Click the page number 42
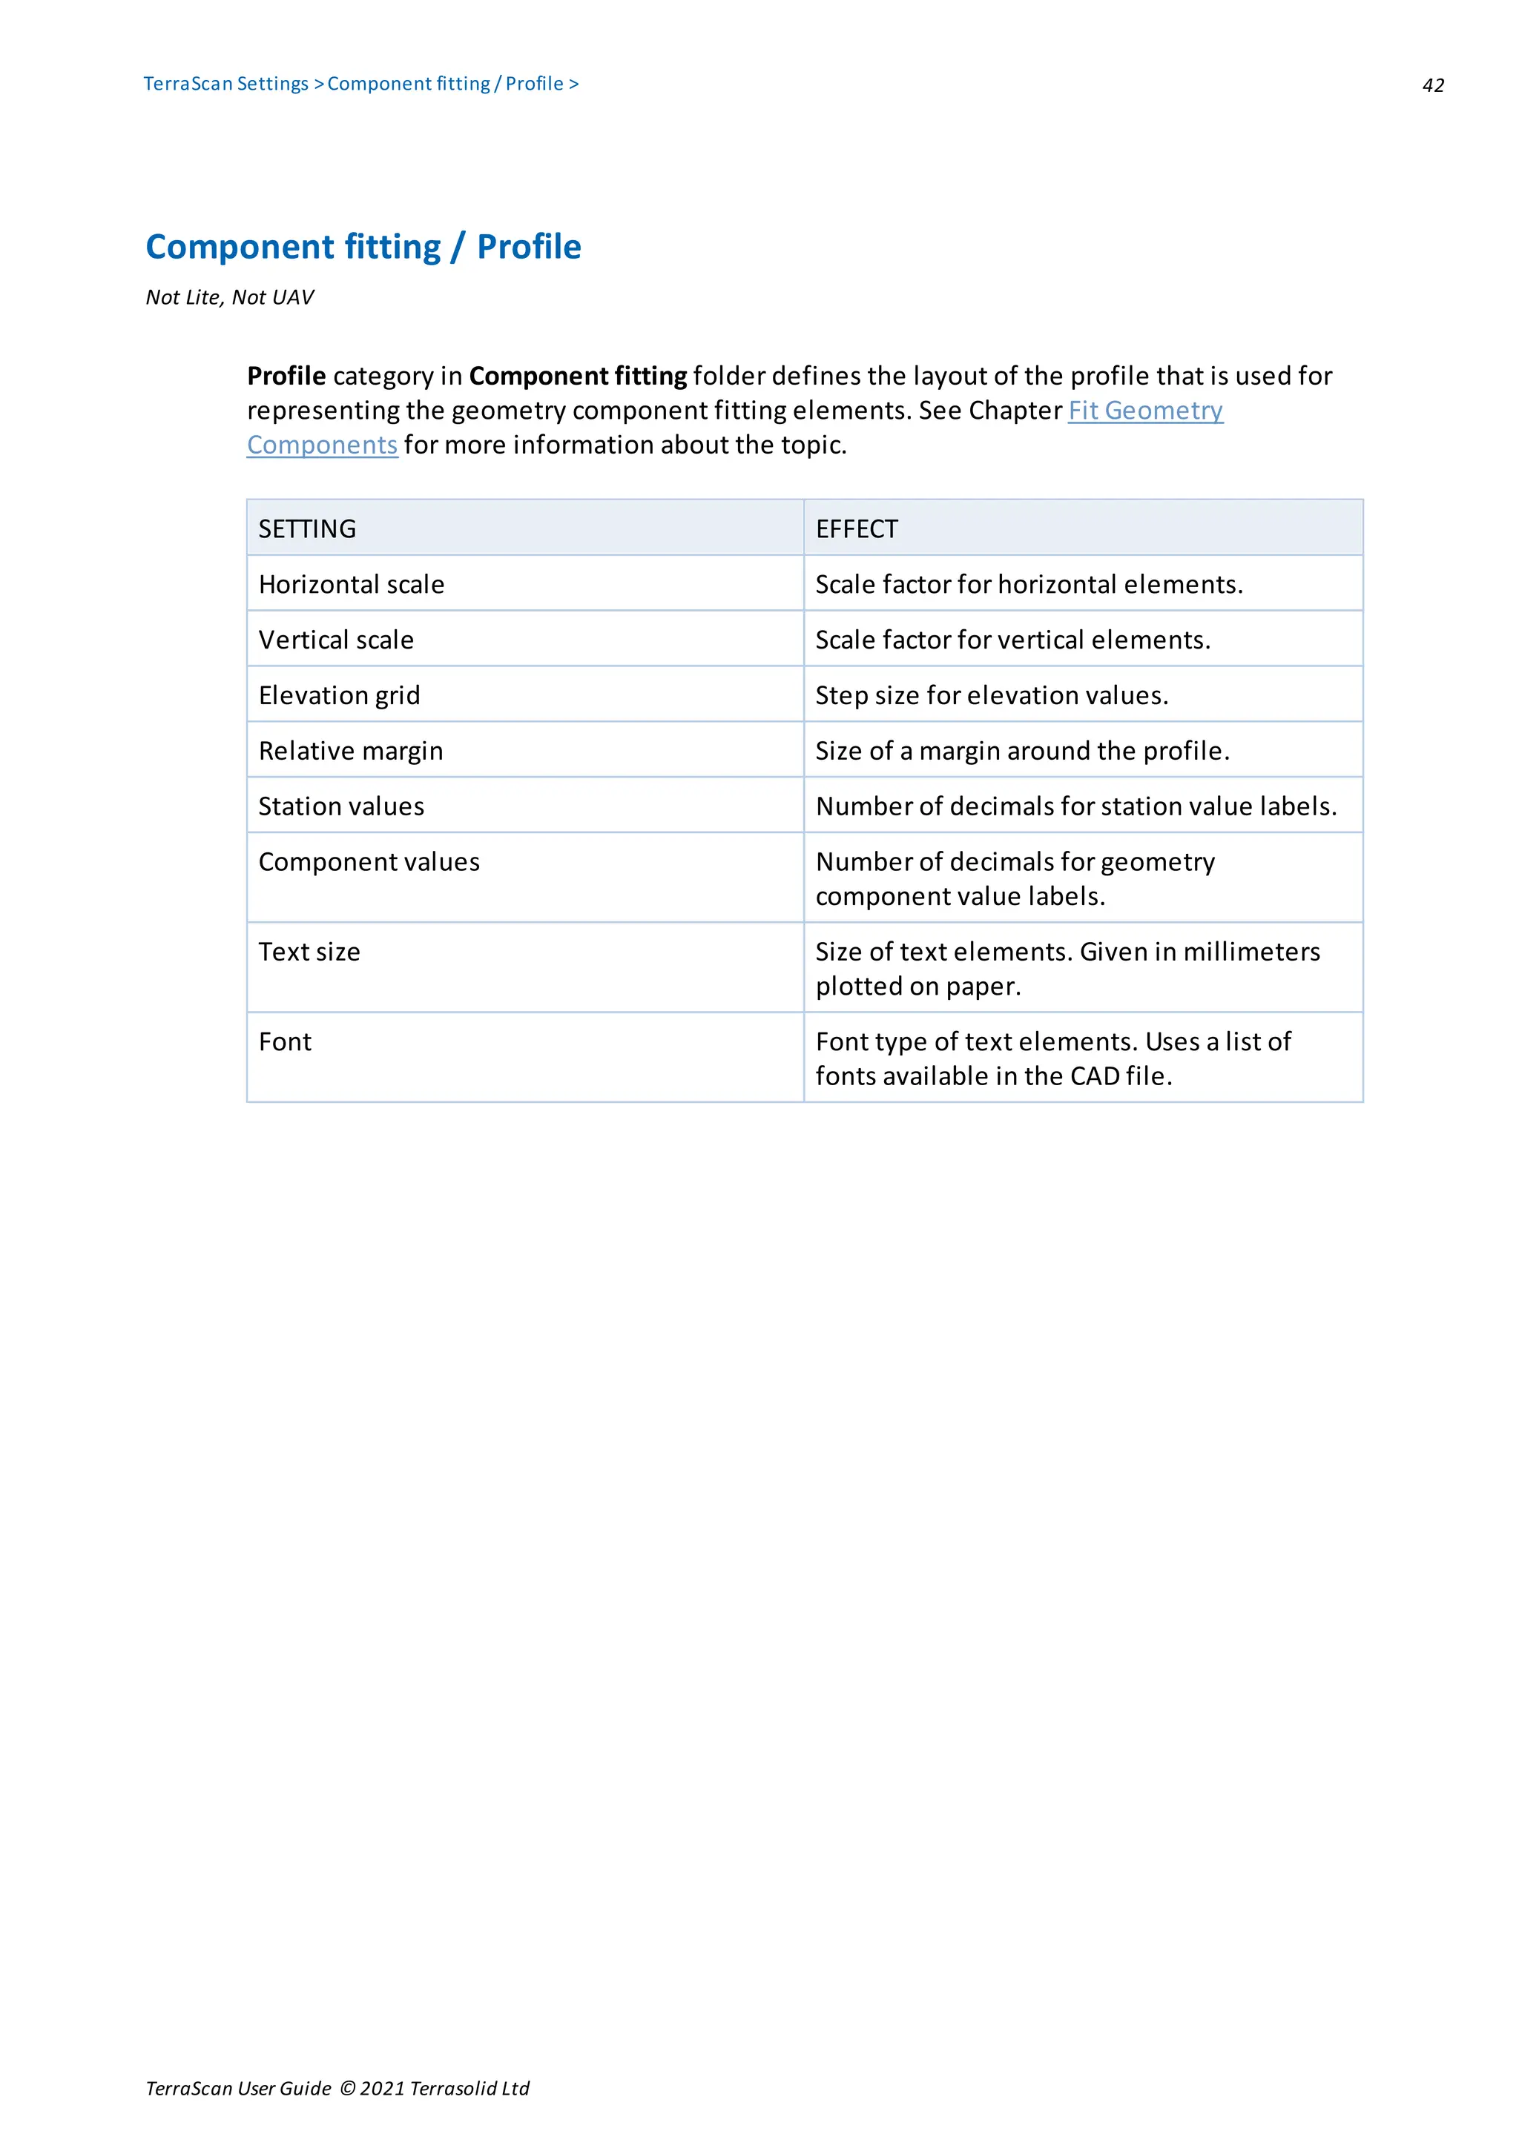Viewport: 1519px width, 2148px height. (x=1432, y=86)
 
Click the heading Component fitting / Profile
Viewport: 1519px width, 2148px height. (x=363, y=247)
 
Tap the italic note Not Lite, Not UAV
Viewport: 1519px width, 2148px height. (x=229, y=297)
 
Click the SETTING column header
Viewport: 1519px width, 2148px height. (x=307, y=529)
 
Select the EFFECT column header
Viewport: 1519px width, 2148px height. (x=857, y=529)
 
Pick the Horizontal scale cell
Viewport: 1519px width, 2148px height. (x=351, y=585)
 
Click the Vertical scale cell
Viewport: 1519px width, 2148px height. (x=336, y=640)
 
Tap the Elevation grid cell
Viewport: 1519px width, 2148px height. (x=339, y=695)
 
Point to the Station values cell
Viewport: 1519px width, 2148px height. (x=340, y=806)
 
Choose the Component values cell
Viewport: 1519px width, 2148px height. (x=369, y=861)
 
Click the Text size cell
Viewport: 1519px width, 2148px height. (x=309, y=952)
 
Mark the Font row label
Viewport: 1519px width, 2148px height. (x=285, y=1041)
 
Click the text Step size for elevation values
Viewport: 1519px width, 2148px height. (x=991, y=695)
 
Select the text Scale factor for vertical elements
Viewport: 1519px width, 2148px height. (x=1012, y=640)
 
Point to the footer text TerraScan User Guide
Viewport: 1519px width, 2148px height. (x=239, y=2089)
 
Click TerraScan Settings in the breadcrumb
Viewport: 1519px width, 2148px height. (x=225, y=84)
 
